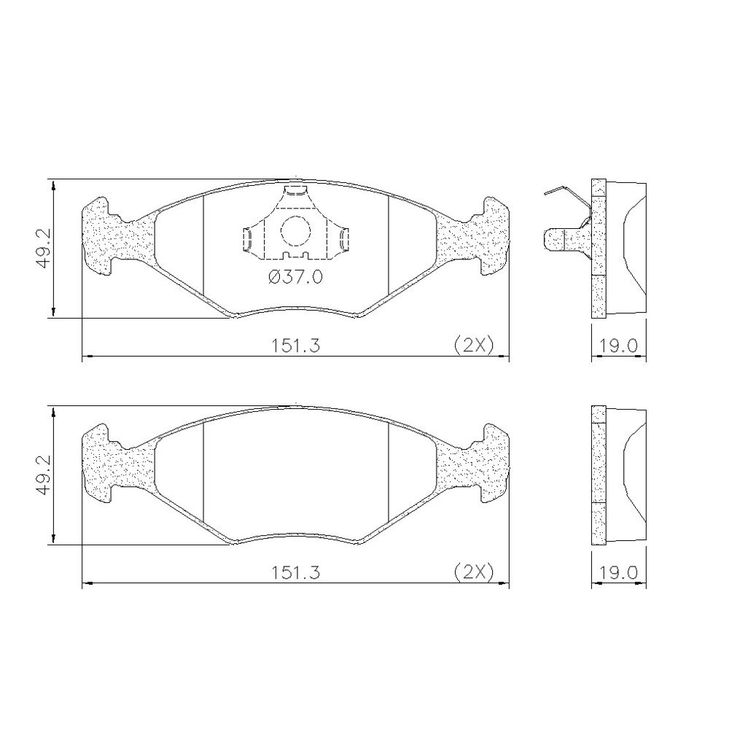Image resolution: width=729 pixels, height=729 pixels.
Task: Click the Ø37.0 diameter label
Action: [296, 278]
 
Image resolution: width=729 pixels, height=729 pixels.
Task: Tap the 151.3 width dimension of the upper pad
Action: [296, 346]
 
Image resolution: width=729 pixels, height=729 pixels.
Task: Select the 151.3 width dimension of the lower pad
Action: [296, 572]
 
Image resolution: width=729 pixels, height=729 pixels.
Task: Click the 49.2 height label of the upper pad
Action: [44, 249]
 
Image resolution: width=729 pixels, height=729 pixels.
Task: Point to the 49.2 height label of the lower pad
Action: [44, 475]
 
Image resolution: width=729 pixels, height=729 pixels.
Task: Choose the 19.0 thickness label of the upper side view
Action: [618, 346]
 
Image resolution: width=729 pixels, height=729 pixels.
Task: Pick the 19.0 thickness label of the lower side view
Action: [618, 572]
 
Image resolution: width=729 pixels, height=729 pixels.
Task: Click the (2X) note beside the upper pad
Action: [473, 346]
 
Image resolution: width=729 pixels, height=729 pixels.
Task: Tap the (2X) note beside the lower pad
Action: [473, 572]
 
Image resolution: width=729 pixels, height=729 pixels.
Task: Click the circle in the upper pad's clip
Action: [295, 231]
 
